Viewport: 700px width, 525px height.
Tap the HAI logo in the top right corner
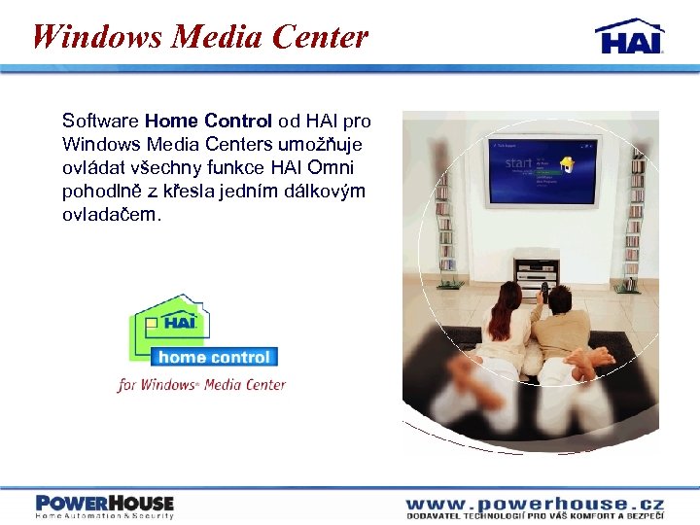(x=630, y=36)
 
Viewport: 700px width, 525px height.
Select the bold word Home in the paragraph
(x=172, y=122)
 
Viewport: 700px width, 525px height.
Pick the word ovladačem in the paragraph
(x=107, y=213)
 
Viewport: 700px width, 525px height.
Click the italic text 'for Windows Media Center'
(x=202, y=384)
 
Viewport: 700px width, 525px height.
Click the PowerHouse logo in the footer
(x=104, y=505)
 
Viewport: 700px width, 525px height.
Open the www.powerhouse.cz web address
(x=535, y=504)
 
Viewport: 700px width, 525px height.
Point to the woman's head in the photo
(x=509, y=295)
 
